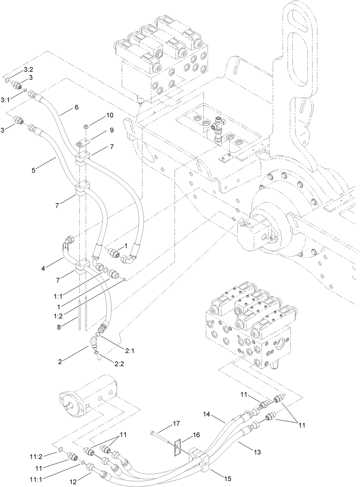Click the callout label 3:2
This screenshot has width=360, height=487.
click(x=28, y=70)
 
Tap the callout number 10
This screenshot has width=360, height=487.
click(x=110, y=115)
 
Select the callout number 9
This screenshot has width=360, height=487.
click(x=111, y=130)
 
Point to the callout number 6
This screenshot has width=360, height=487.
click(x=77, y=107)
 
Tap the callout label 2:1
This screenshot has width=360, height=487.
click(x=130, y=351)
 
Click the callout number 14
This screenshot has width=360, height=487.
click(x=206, y=414)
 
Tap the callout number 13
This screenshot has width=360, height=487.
click(x=257, y=452)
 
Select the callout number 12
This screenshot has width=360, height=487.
click(x=73, y=482)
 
